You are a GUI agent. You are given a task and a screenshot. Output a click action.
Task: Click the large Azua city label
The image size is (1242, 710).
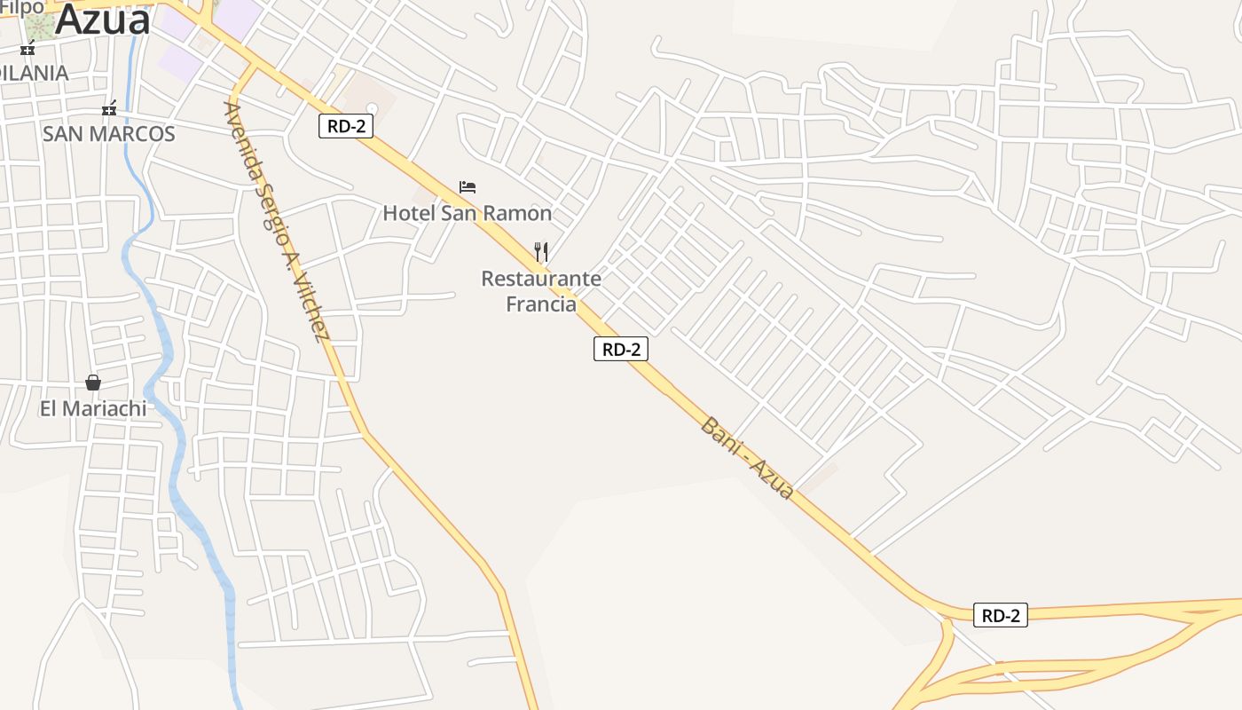(x=103, y=20)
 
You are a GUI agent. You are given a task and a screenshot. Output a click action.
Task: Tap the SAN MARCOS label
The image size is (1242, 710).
(x=109, y=134)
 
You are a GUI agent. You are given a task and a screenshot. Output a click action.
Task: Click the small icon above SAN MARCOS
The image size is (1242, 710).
(x=109, y=109)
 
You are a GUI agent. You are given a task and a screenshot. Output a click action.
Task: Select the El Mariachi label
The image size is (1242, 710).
(x=93, y=409)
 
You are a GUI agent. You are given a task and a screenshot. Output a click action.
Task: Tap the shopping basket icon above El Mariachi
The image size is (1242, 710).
(x=93, y=383)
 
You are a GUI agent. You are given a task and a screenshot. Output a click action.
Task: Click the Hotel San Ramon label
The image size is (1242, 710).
(x=468, y=213)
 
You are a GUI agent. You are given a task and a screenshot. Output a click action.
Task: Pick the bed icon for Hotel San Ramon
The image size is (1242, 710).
(x=468, y=187)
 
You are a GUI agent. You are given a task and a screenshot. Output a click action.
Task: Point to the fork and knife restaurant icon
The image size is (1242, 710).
(x=541, y=252)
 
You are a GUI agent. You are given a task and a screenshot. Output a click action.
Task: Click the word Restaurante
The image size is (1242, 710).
(x=541, y=279)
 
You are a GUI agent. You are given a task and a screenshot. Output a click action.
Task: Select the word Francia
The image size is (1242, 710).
(x=541, y=304)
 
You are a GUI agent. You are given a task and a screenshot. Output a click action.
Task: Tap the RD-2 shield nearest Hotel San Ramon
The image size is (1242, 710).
(x=346, y=126)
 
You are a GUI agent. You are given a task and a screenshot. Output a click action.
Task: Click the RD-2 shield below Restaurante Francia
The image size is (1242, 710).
(x=621, y=350)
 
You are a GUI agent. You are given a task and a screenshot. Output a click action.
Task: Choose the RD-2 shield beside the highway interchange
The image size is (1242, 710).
(x=1001, y=616)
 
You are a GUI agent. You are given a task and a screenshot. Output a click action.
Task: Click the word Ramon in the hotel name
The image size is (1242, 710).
(x=523, y=213)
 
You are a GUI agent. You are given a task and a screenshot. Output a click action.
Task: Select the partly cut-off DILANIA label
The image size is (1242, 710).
(x=35, y=73)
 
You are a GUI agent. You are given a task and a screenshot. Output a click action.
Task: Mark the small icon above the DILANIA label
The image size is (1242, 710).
(x=28, y=48)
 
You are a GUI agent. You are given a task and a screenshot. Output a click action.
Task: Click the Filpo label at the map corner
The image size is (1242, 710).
(x=21, y=7)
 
